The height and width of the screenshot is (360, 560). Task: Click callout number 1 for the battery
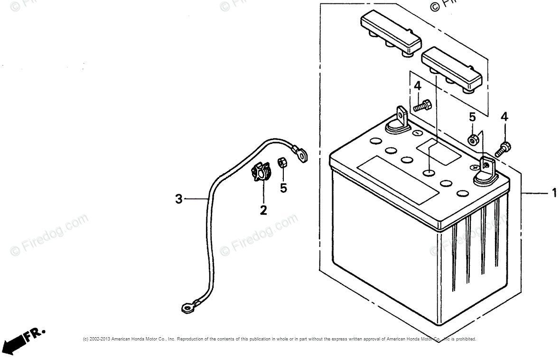tap(553, 193)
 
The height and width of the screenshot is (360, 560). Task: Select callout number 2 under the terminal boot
tap(263, 209)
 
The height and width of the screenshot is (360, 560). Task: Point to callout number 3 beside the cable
tap(178, 199)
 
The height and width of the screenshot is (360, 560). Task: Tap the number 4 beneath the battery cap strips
tap(417, 86)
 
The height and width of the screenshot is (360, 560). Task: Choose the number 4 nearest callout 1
tap(504, 117)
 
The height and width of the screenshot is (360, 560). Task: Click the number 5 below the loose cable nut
tap(283, 188)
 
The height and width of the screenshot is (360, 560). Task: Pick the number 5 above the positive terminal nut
tap(472, 117)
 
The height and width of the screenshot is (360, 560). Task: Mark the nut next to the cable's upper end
tap(281, 162)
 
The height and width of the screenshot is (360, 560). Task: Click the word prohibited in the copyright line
tap(465, 339)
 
